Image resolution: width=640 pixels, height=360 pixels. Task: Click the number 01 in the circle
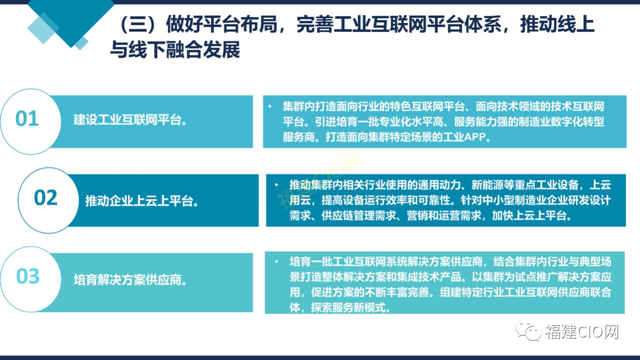click(x=27, y=118)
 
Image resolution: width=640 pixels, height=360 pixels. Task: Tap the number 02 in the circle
click(x=45, y=197)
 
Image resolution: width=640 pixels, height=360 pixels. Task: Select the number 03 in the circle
click(x=27, y=276)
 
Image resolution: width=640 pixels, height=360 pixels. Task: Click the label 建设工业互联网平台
click(x=130, y=119)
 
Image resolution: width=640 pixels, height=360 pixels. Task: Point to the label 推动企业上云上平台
click(x=142, y=201)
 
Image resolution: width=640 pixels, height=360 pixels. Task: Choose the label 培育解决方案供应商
click(x=130, y=279)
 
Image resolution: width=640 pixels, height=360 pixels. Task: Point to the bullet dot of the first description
click(x=269, y=106)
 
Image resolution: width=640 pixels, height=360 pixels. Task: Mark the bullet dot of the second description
click(x=276, y=185)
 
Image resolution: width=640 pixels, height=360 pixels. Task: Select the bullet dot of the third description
click(x=276, y=261)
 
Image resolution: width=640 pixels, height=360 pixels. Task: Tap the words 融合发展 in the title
click(x=203, y=49)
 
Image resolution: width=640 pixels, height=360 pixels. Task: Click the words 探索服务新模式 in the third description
click(x=350, y=307)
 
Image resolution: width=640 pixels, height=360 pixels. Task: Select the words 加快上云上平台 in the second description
click(x=531, y=215)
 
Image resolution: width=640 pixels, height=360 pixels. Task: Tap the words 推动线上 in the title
click(x=557, y=24)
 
